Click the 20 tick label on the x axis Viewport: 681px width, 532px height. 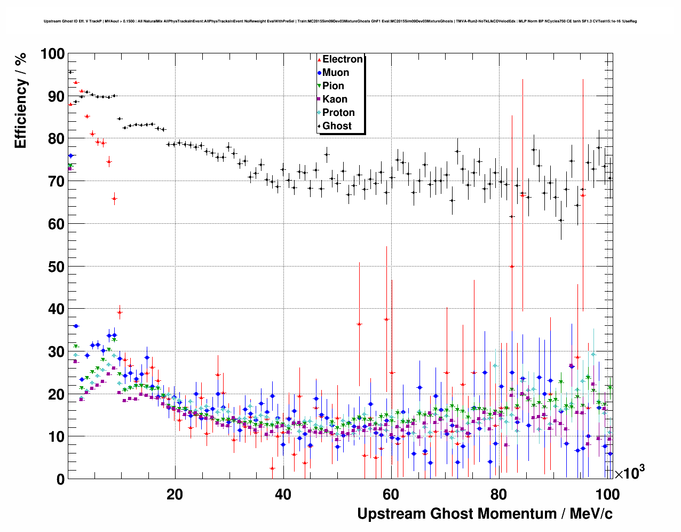click(175, 494)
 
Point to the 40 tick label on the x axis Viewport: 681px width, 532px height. click(283, 494)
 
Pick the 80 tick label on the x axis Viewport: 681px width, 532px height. click(498, 494)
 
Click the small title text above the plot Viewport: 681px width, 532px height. click(340, 21)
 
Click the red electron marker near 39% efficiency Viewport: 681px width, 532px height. click(120, 312)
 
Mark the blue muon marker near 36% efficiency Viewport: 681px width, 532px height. click(76, 326)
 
